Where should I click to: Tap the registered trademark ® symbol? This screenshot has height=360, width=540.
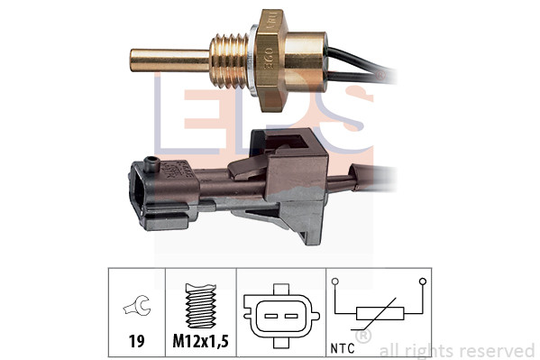[x=362, y=337]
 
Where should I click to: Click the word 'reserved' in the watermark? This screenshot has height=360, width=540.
[x=498, y=350]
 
